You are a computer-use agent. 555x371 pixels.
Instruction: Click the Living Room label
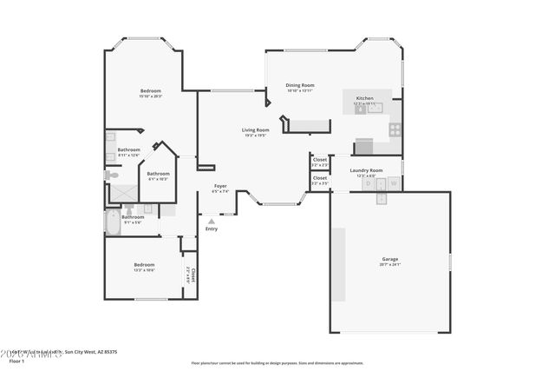(x=255, y=130)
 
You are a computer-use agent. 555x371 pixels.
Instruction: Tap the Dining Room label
(x=300, y=85)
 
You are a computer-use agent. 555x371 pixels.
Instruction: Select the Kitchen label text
(x=364, y=98)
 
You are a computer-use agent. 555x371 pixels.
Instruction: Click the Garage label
(x=390, y=259)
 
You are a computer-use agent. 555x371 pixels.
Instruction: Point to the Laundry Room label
(x=366, y=170)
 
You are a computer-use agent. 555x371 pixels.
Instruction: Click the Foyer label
(x=220, y=186)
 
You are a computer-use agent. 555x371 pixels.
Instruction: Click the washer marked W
(x=394, y=184)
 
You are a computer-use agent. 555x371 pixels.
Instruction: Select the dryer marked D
(x=369, y=184)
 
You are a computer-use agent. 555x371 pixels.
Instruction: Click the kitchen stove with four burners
(x=395, y=129)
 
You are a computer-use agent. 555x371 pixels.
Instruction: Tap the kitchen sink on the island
(x=360, y=110)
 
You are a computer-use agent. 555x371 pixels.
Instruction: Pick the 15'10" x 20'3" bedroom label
(x=151, y=91)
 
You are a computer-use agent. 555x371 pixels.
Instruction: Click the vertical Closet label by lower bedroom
(x=193, y=275)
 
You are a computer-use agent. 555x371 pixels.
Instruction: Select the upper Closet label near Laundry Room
(x=320, y=160)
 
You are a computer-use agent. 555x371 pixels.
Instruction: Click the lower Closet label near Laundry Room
(x=320, y=178)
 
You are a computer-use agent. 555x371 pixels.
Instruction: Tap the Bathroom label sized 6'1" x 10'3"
(x=158, y=174)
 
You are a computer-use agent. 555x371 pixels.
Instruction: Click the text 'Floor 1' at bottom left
(x=16, y=361)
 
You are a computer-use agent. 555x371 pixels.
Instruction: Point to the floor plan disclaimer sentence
(x=277, y=361)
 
